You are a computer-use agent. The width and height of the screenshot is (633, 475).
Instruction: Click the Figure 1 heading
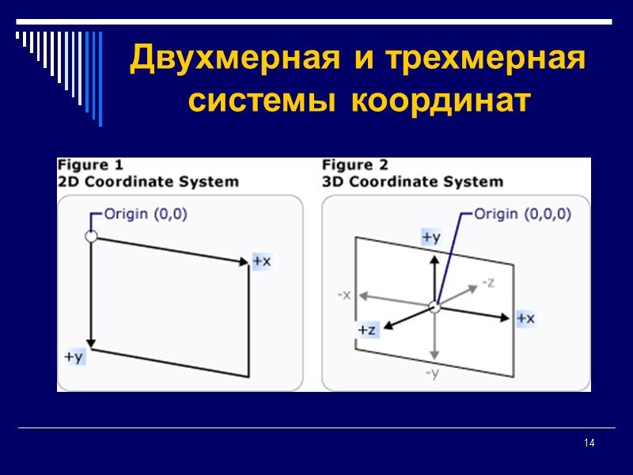pos(90,165)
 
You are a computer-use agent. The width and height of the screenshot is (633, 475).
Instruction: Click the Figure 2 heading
pos(355,165)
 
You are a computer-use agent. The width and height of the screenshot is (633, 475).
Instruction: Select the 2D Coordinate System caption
pos(148,181)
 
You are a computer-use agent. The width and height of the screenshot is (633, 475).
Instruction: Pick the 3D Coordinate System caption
pos(412,181)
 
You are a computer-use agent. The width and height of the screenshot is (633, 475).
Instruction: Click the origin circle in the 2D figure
pos(91,236)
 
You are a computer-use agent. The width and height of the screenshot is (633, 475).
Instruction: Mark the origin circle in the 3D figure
pos(433,306)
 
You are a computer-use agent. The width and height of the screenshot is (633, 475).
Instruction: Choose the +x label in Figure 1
pos(262,260)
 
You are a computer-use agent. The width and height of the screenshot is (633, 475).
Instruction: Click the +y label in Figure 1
pos(74,357)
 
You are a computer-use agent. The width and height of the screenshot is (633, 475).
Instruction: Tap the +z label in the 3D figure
pos(366,330)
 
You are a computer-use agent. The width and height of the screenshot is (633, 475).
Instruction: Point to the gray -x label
pos(344,294)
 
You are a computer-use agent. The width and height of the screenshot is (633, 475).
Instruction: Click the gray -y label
pos(432,373)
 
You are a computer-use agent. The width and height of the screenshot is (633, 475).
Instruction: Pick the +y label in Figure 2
pos(431,237)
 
